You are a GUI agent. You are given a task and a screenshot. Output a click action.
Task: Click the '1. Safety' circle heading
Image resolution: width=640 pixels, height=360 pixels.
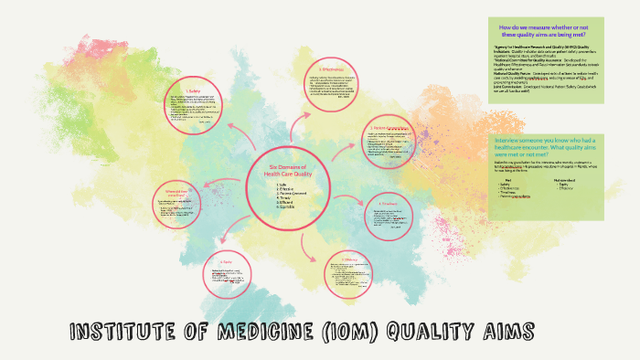[x=193, y=90]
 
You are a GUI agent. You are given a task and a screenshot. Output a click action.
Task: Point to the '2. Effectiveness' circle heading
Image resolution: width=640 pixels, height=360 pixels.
[x=332, y=69]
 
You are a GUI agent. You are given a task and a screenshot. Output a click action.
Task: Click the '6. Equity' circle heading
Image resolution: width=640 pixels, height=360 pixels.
[x=225, y=264]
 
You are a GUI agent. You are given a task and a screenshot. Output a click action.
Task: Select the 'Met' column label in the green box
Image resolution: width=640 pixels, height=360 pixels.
[x=498, y=181]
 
